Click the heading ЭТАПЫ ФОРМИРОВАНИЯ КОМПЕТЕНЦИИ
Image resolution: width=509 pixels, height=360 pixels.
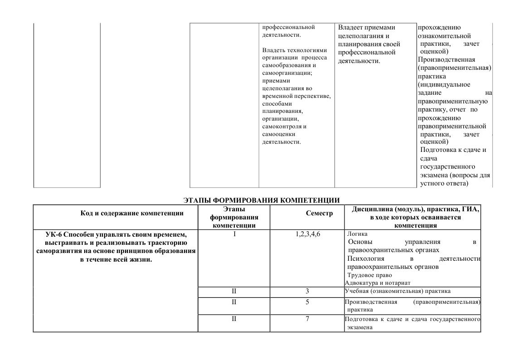click(261, 200)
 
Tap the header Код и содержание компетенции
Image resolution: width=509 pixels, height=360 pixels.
click(132, 214)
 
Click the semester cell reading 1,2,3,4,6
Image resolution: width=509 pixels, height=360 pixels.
click(307, 234)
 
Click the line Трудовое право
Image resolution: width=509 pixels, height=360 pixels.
click(369, 275)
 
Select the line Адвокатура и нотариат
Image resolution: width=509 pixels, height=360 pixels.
click(371, 282)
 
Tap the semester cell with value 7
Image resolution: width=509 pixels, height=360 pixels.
click(307, 319)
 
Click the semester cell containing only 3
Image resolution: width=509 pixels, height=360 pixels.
click(307, 291)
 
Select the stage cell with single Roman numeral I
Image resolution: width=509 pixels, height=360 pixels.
click(234, 234)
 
